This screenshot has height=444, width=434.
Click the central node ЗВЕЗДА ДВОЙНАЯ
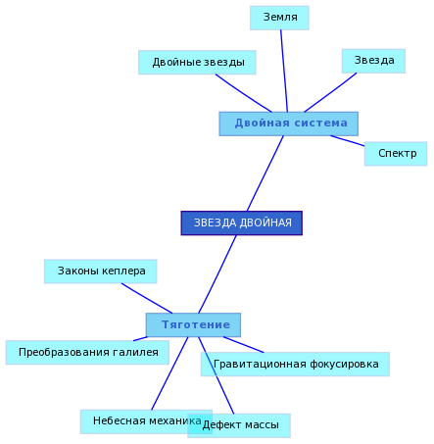(x=242, y=222)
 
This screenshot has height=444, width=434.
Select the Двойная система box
(x=288, y=123)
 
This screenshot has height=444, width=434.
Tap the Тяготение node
(x=193, y=324)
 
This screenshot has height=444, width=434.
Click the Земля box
(x=279, y=18)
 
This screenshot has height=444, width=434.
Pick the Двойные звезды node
(x=197, y=62)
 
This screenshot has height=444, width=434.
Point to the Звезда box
(x=373, y=61)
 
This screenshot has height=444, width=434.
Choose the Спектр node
(x=396, y=154)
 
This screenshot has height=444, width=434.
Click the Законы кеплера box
(x=101, y=271)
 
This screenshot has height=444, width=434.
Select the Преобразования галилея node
(x=87, y=352)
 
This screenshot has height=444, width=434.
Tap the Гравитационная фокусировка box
(x=295, y=364)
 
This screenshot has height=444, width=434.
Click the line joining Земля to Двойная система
(x=284, y=71)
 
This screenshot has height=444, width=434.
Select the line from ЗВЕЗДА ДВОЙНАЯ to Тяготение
(x=217, y=274)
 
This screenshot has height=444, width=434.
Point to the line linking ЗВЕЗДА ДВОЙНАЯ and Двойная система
(x=265, y=173)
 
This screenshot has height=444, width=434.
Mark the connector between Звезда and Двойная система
(x=330, y=92)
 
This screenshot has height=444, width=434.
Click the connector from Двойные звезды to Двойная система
(x=243, y=93)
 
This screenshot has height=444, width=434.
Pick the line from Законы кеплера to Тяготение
(x=147, y=298)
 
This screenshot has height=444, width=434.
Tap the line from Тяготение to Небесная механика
(x=169, y=373)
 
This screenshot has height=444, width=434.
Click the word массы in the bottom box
(x=262, y=425)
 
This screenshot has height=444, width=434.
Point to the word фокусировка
(x=344, y=364)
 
